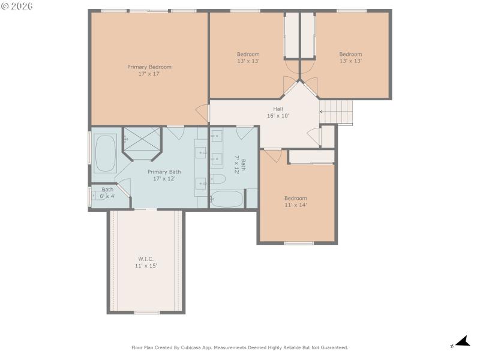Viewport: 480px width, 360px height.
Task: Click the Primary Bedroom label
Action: pos(149,67)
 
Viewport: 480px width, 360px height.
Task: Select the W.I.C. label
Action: pos(146,259)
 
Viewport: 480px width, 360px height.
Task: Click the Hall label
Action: pos(278,109)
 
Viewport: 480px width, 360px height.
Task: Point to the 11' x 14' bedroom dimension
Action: pos(295,205)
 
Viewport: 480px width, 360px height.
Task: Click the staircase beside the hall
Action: pos(337,112)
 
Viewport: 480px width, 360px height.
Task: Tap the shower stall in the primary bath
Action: pos(142,141)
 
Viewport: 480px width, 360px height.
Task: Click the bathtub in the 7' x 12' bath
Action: pos(227,199)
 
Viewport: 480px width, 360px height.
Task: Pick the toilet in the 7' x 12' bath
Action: pos(217,179)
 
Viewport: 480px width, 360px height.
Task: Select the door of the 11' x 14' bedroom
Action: pos(272,155)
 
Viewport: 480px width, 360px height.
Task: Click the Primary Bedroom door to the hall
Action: pos(203,112)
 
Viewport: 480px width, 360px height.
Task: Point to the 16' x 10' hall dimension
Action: pos(278,116)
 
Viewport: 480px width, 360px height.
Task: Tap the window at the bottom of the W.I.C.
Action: pos(146,312)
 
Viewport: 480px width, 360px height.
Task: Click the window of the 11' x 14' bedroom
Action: pos(299,243)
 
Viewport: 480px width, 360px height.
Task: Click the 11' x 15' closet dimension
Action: pos(146,265)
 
